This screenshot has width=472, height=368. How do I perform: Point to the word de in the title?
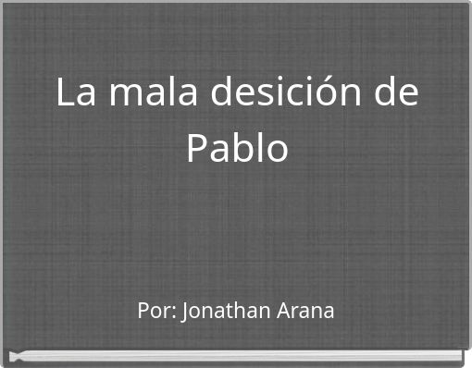[395, 93]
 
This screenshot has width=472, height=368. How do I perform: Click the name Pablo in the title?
[237, 148]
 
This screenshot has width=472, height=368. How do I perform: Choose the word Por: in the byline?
[156, 311]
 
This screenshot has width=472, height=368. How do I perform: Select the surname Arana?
[305, 311]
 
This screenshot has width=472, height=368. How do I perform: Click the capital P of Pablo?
[196, 148]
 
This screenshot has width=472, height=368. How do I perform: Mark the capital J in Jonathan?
[186, 311]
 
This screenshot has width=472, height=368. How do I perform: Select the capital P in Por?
[143, 311]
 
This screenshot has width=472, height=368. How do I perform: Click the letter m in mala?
[122, 96]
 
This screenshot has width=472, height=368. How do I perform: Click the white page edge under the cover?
[236, 355]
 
